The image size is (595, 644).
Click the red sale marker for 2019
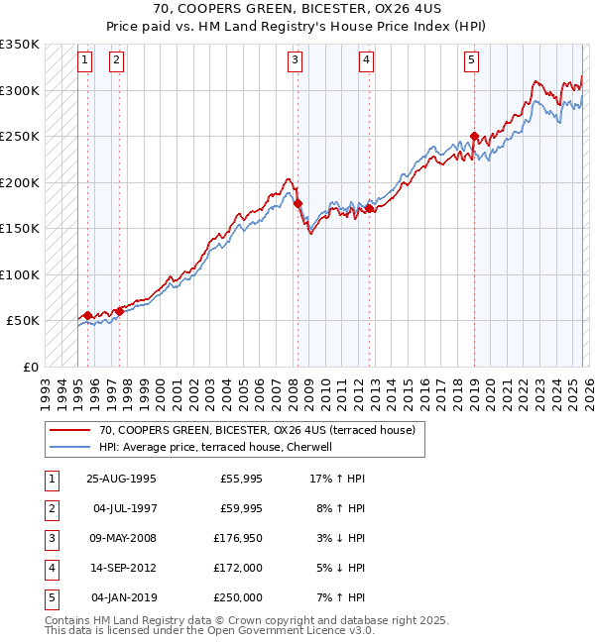(474, 137)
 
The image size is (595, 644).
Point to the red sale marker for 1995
(88, 315)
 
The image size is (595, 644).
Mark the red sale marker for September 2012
(369, 208)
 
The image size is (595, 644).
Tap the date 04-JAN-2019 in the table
(123, 597)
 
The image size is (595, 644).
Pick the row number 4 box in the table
(50, 568)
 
